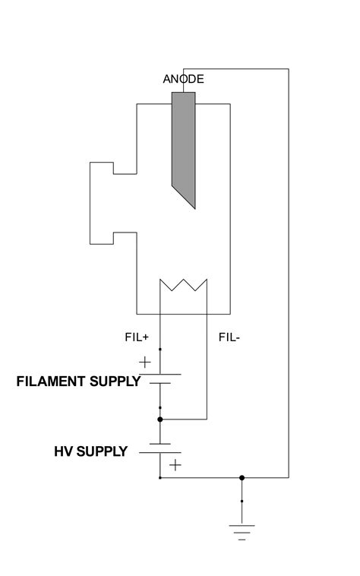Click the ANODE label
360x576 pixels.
click(183, 79)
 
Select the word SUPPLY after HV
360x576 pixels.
click(103, 451)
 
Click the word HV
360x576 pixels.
click(64, 451)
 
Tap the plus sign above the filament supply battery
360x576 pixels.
click(145, 363)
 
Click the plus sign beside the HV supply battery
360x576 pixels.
click(175, 464)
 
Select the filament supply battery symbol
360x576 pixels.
click(159, 378)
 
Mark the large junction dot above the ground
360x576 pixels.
click(242, 478)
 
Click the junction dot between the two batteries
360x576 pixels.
click(159, 419)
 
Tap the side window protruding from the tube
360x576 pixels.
click(102, 203)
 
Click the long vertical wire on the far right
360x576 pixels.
click(289, 274)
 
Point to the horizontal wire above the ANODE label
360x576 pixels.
click(235, 69)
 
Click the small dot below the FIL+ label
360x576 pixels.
click(159, 350)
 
